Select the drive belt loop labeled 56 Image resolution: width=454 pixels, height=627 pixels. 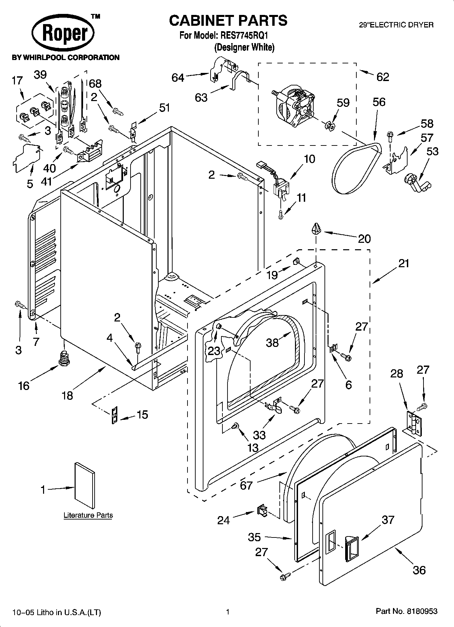(356, 168)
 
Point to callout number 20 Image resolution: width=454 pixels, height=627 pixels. (364, 239)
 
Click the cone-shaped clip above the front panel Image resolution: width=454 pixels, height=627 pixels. (316, 229)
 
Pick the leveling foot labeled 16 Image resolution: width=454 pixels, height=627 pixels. (63, 358)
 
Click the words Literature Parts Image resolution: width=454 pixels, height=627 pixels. (88, 515)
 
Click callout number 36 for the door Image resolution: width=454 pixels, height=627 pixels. (419, 570)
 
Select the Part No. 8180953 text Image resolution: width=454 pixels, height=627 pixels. (407, 611)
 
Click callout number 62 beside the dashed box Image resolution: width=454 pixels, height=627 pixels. (382, 77)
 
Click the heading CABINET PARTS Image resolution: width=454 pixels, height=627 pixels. (228, 21)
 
